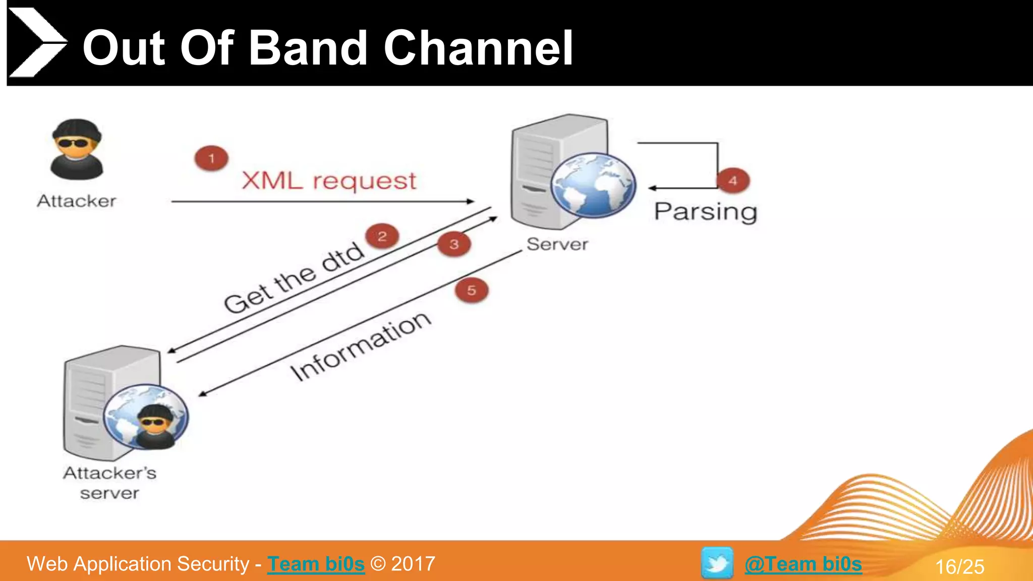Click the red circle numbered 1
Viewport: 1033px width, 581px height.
pyautogui.click(x=211, y=158)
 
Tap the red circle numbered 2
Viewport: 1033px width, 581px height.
pyautogui.click(x=382, y=236)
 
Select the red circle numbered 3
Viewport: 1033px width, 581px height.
pyautogui.click(x=454, y=244)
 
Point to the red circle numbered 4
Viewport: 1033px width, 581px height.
pyautogui.click(x=733, y=181)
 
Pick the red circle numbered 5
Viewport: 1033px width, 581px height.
pyautogui.click(x=472, y=290)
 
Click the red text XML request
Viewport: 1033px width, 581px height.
pyautogui.click(x=329, y=181)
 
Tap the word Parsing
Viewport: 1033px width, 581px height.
pyautogui.click(x=705, y=211)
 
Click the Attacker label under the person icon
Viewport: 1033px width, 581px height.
pyautogui.click(x=77, y=201)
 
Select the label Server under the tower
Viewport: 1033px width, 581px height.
pyautogui.click(x=557, y=244)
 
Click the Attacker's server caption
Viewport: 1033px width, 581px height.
pyautogui.click(x=109, y=483)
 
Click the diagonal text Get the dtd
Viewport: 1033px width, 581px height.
pyautogui.click(x=294, y=277)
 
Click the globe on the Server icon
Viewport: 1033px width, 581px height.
pyautogui.click(x=593, y=185)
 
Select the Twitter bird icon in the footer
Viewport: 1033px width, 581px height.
pyautogui.click(x=717, y=562)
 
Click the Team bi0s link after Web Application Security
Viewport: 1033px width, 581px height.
pyautogui.click(x=316, y=564)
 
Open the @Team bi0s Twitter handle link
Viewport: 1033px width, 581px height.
pyautogui.click(x=803, y=564)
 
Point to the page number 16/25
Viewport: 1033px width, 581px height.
pyautogui.click(x=959, y=566)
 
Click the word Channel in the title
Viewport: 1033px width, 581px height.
pyautogui.click(x=478, y=48)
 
